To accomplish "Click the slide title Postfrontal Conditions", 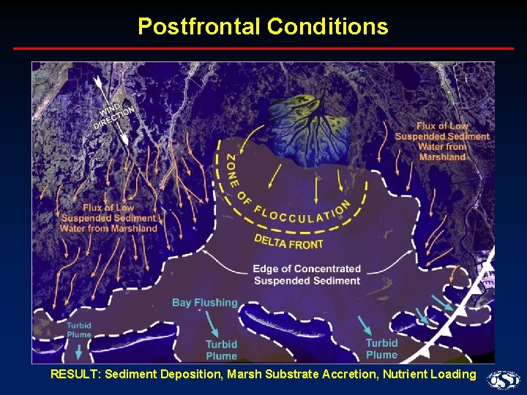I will [x=263, y=27].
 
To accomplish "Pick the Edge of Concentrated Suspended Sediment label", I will [x=306, y=274].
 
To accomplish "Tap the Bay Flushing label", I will [x=204, y=302].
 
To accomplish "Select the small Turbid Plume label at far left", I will [x=78, y=330].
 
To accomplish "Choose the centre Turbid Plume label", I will [x=221, y=350].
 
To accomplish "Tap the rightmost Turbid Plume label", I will [x=381, y=348].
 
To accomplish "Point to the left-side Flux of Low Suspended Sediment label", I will [x=109, y=218].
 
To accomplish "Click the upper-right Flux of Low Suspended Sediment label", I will [x=442, y=141].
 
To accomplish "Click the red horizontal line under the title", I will [x=263, y=48].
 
